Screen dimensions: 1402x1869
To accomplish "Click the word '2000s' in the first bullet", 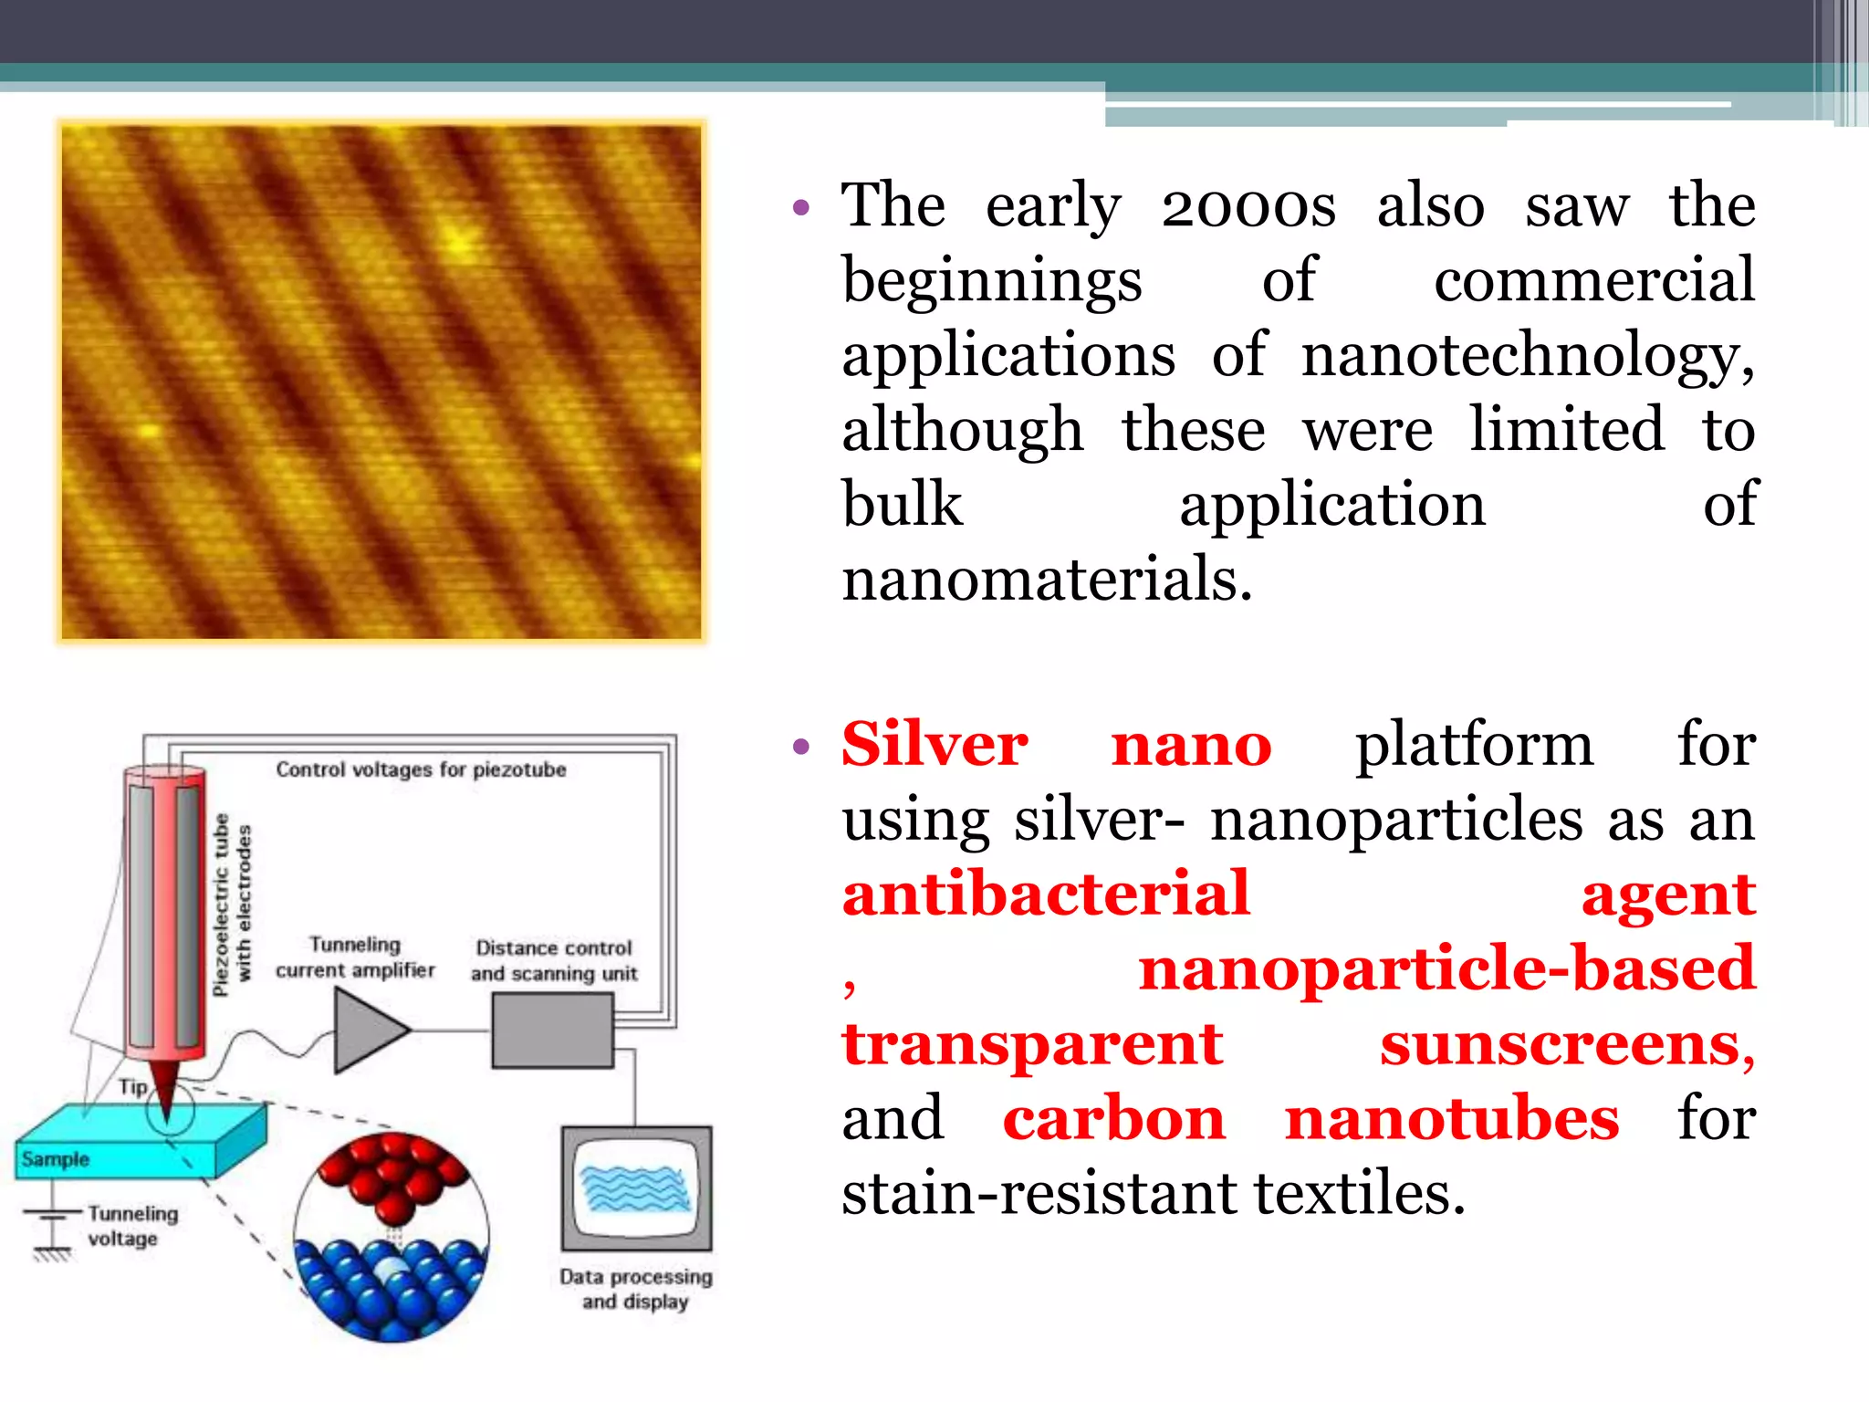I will (x=1248, y=206).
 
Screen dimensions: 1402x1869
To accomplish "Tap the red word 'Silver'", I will (x=934, y=745).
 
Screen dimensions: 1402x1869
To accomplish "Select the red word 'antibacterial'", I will (x=1045, y=895).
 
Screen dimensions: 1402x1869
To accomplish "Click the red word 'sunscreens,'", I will (x=1567, y=1044).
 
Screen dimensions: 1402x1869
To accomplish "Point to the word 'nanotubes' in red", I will (x=1451, y=1119).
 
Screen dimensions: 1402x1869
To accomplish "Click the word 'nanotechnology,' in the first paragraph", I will (x=1527, y=356).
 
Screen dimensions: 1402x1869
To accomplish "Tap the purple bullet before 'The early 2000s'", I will (x=801, y=208).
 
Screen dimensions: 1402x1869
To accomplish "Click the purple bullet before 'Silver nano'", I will (x=801, y=748).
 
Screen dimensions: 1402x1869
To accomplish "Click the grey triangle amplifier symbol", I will (x=367, y=1031).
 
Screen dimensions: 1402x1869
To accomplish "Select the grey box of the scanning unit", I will (x=552, y=1031).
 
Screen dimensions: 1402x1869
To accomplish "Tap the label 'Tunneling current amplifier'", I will (x=355, y=957).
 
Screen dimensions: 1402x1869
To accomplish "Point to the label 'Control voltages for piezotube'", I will (x=421, y=769).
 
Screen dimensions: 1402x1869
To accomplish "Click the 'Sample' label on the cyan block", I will (x=56, y=1159).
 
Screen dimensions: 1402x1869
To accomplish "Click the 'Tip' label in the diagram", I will (x=132, y=1087).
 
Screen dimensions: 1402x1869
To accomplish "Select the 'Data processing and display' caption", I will (x=636, y=1289).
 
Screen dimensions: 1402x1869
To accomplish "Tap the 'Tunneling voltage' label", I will (x=132, y=1226).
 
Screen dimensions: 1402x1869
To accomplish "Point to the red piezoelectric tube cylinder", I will (x=164, y=913).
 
